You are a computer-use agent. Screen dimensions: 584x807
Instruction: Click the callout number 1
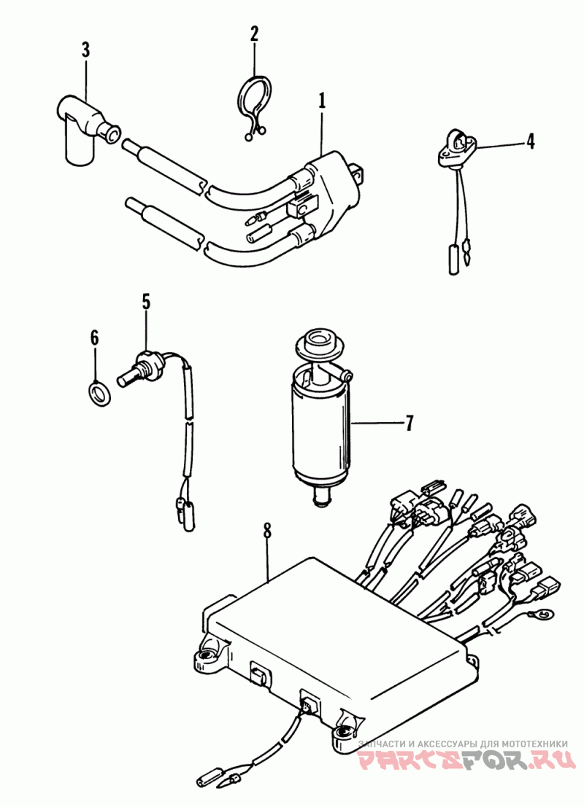322,101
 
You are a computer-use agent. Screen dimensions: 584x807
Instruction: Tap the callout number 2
254,34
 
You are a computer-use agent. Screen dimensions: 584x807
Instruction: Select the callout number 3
85,50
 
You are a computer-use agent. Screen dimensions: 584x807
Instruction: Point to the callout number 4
530,141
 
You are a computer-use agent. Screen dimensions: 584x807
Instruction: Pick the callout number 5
147,302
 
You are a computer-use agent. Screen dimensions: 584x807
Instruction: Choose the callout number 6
94,338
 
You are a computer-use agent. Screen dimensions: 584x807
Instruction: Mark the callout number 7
409,423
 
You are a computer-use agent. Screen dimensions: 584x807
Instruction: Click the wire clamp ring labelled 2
255,103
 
